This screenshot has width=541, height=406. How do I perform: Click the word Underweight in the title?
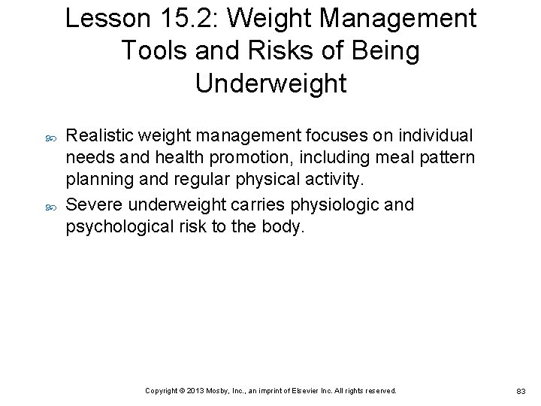click(x=270, y=83)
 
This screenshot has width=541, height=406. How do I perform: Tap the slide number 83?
click(x=523, y=391)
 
